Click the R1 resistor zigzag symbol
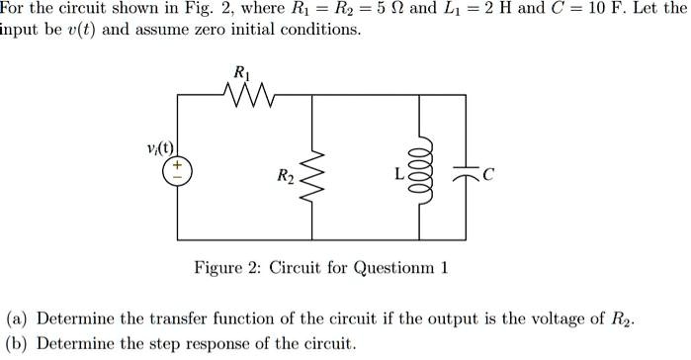click(241, 97)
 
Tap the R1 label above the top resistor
click(241, 72)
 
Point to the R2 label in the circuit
click(285, 178)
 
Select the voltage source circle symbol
click(179, 171)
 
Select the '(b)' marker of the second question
click(17, 343)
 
